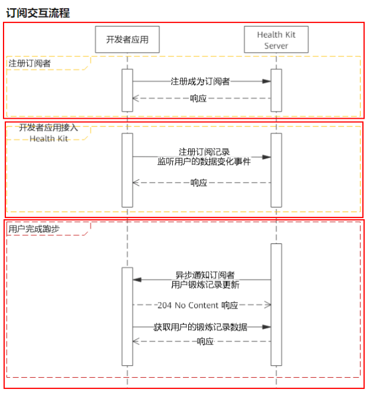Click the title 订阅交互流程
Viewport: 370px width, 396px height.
[38, 12]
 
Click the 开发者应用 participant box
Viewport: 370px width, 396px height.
[127, 40]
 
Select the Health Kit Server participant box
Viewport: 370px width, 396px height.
[276, 40]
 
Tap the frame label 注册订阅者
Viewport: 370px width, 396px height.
[30, 63]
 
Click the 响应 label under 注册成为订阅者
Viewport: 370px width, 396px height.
[198, 99]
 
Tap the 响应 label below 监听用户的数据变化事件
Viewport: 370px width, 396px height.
[199, 183]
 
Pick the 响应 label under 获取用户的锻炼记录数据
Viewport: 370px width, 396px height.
[205, 341]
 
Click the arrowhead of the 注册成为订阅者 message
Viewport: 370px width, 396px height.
[267, 82]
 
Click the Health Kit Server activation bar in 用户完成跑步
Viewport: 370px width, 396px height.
[276, 304]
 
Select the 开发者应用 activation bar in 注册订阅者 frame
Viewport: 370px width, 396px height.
[127, 90]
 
